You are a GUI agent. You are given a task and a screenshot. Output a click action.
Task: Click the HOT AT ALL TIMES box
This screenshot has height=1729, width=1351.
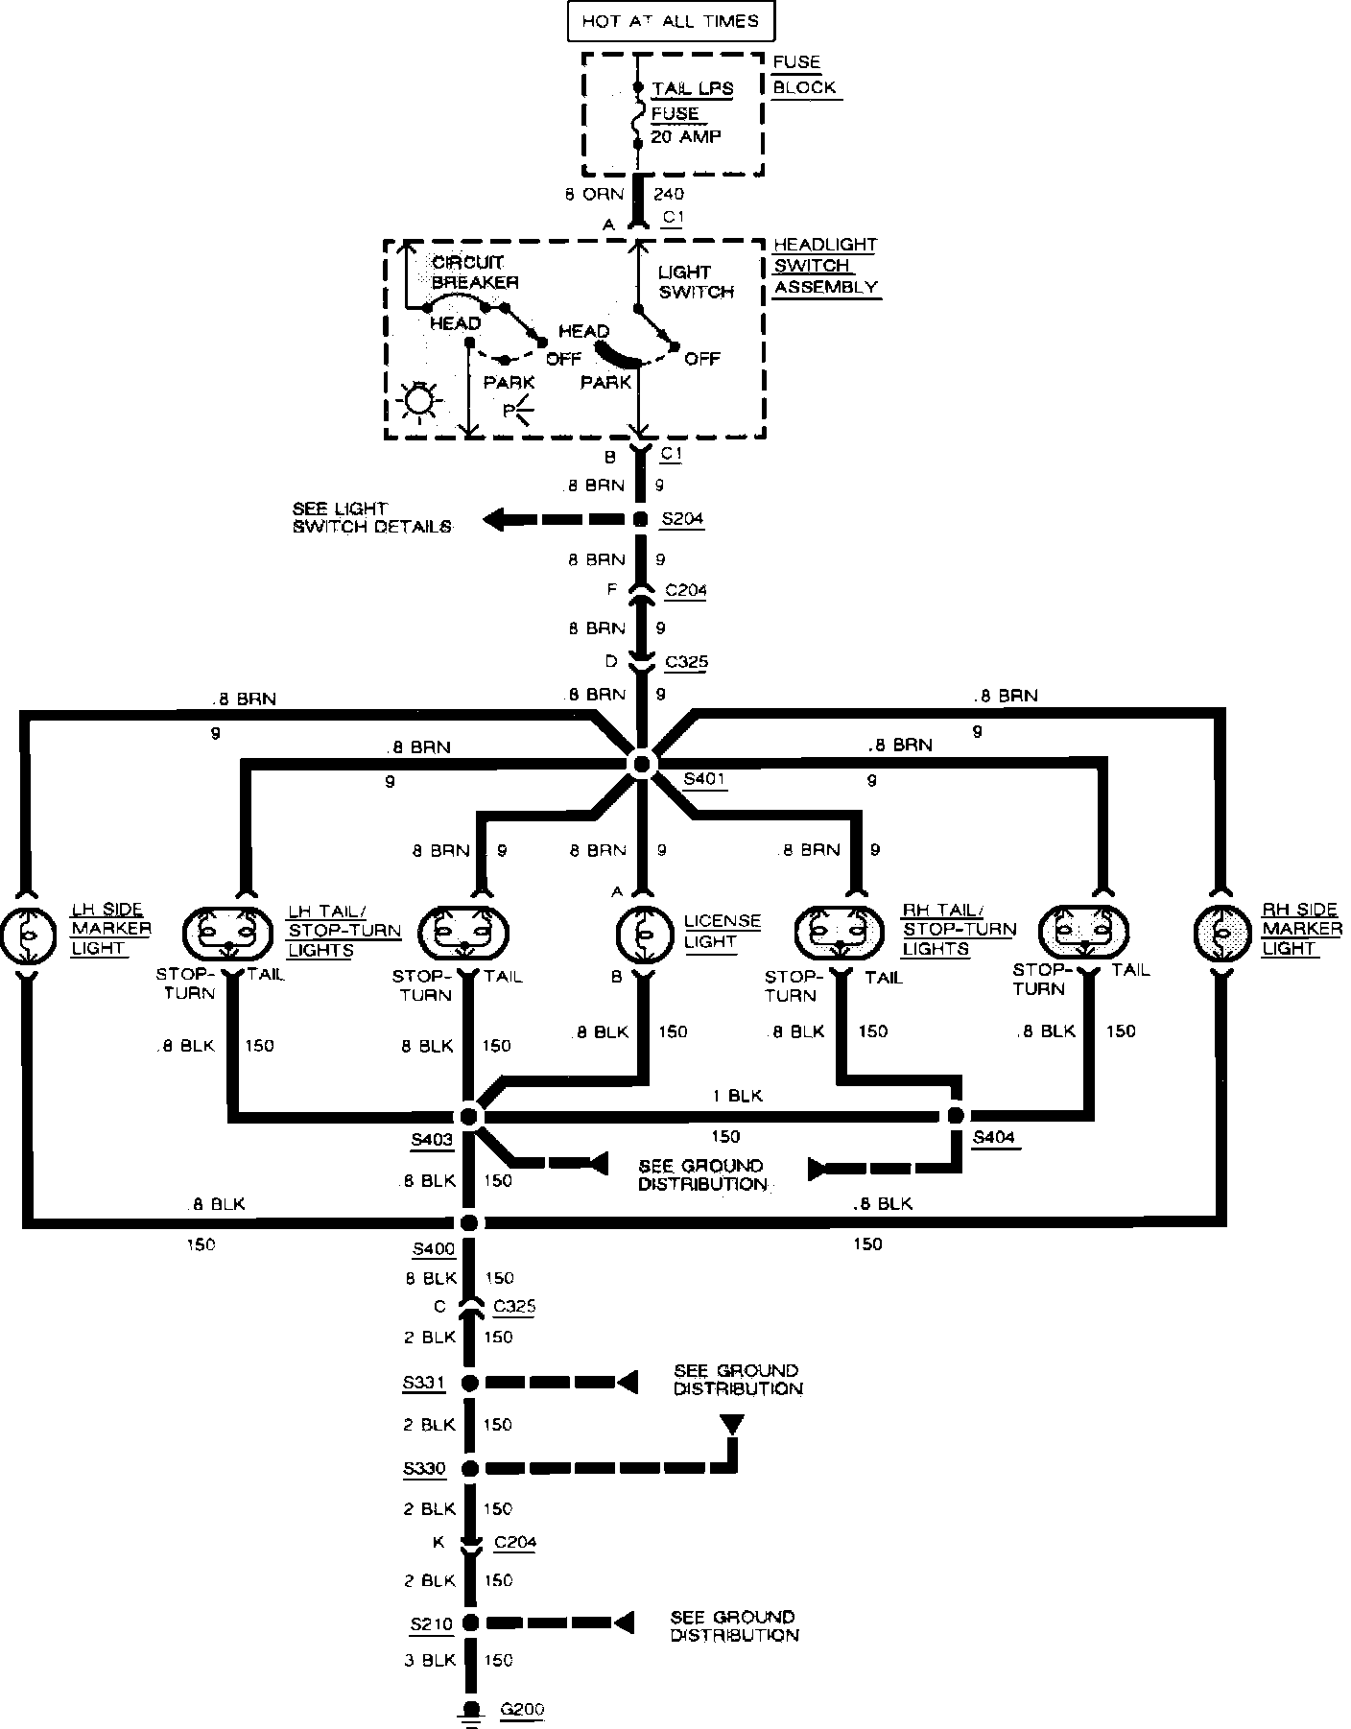click(670, 21)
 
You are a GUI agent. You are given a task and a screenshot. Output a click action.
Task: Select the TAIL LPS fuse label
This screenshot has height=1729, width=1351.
click(692, 89)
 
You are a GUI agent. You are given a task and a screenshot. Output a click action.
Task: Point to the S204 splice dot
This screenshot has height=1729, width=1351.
click(640, 520)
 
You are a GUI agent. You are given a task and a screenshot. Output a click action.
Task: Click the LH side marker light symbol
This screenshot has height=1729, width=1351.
click(28, 932)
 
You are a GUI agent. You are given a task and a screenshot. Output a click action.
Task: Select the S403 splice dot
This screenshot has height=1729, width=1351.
click(469, 1116)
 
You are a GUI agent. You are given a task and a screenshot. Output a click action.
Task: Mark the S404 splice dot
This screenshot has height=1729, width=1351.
click(955, 1115)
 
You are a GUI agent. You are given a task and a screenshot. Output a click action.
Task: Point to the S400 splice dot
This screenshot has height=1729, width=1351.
click(469, 1222)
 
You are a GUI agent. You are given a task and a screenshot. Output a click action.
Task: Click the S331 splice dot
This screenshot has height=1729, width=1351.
click(469, 1383)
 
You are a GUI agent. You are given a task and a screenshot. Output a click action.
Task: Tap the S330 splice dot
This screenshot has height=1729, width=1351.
click(469, 1468)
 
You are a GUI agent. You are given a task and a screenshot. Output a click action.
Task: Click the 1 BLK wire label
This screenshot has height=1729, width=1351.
click(736, 1096)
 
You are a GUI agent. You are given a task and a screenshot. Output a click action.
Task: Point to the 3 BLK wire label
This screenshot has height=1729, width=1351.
click(429, 1660)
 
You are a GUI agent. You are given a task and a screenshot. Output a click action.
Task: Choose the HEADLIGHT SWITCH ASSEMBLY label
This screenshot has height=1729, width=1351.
click(825, 267)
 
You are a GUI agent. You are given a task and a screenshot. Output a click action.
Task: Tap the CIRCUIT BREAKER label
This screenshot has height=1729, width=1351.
click(474, 272)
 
